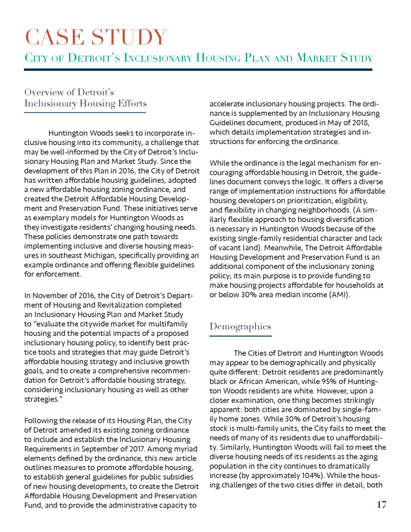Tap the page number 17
(381, 504)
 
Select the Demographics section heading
(240, 327)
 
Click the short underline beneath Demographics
(240, 336)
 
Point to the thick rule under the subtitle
(198, 69)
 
